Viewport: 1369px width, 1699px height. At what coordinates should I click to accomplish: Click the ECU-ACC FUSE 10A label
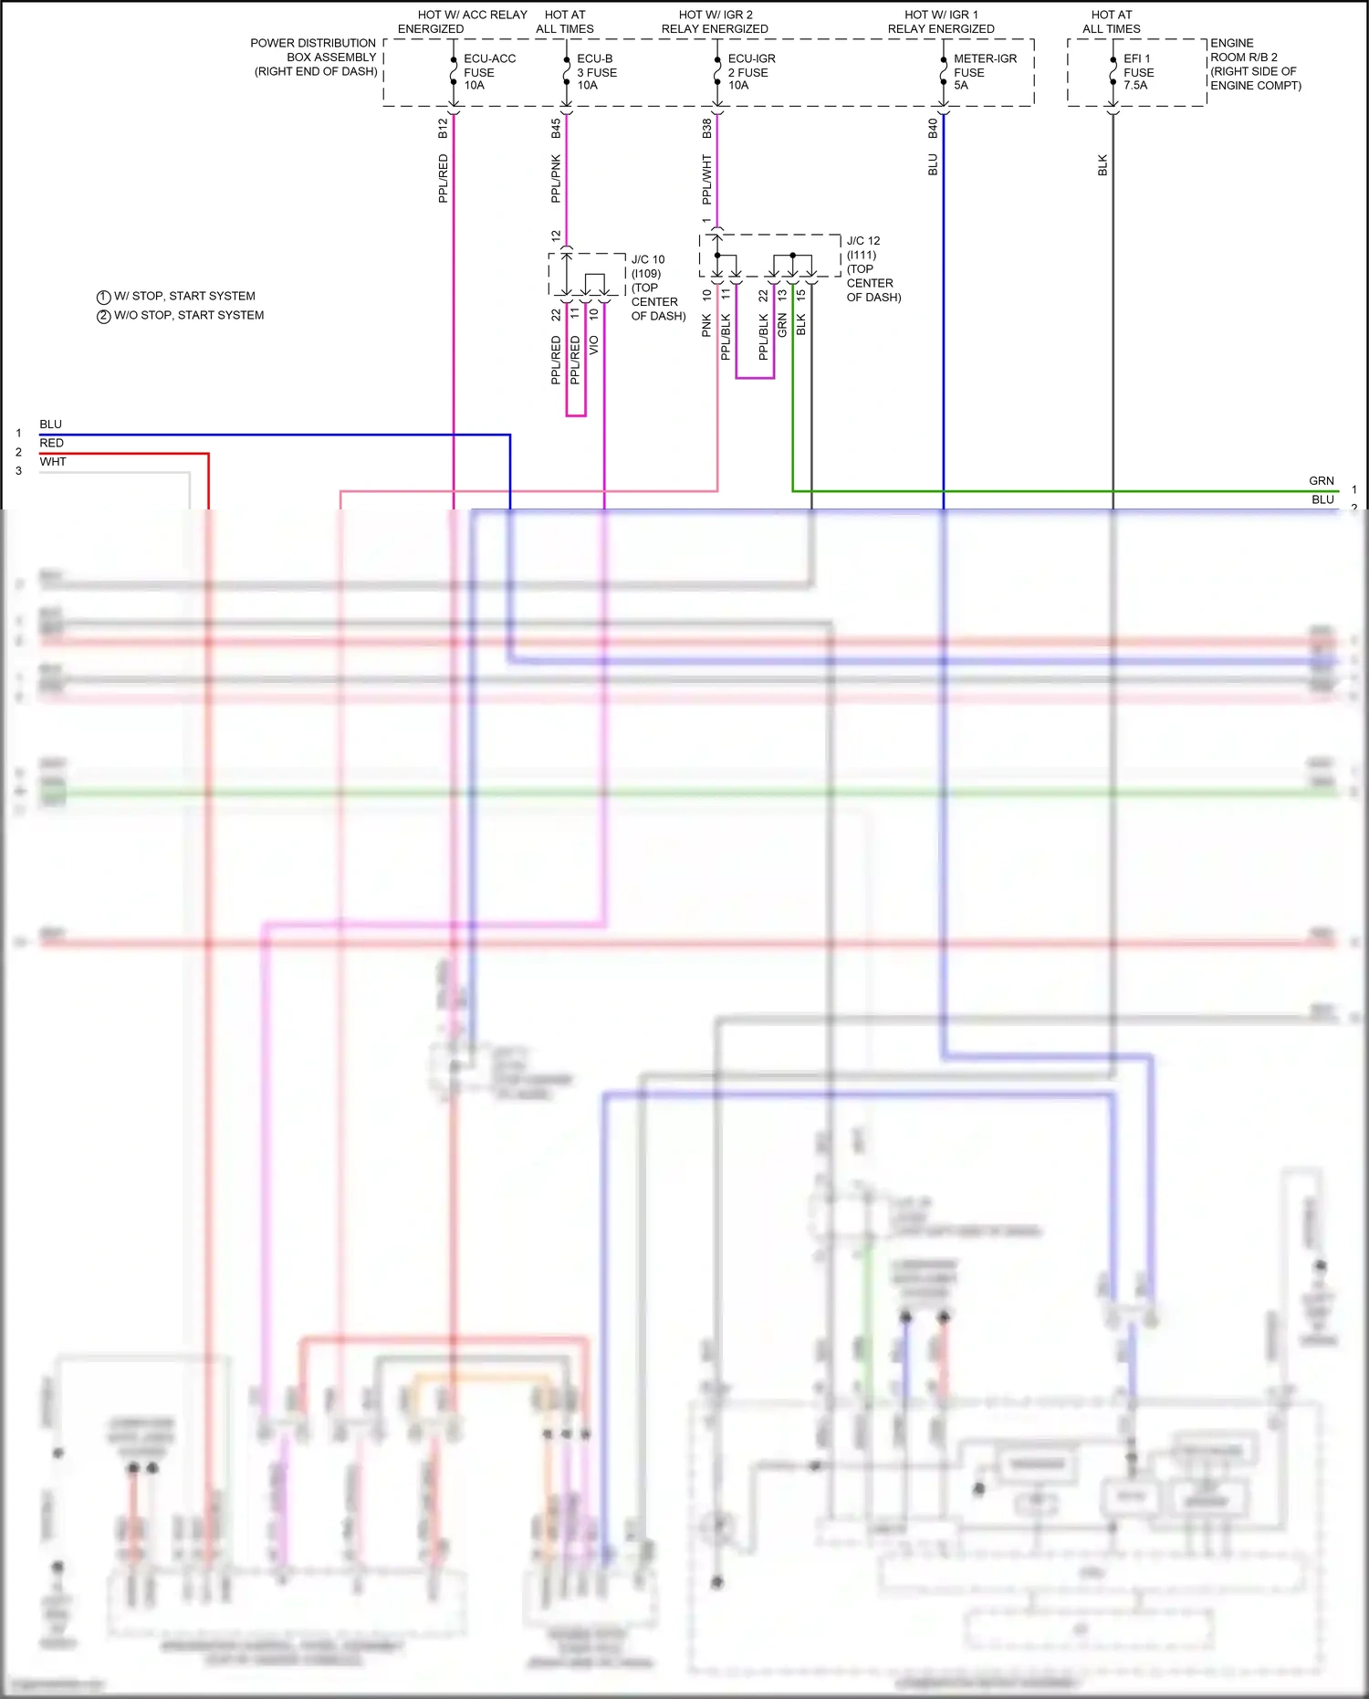[x=489, y=72]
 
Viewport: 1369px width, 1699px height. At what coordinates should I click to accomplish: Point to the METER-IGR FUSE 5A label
[x=984, y=72]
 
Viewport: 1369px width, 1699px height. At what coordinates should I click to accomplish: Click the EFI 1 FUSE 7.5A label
[x=1138, y=72]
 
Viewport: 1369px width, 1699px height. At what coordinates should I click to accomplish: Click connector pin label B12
[x=443, y=129]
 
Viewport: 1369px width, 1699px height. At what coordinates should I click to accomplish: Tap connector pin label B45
[x=556, y=129]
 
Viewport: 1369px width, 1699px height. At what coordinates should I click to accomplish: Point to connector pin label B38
[x=706, y=129]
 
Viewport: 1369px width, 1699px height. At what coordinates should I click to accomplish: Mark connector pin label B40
[x=933, y=129]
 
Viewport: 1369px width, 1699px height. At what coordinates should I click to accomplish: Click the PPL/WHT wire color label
[x=706, y=179]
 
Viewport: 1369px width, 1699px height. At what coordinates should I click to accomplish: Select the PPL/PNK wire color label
[x=556, y=179]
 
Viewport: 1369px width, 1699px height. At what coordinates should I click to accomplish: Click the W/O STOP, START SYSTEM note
[x=189, y=316]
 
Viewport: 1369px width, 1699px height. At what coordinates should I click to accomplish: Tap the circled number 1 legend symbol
[x=103, y=298]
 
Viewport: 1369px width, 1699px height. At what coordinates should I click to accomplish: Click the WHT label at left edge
[x=53, y=462]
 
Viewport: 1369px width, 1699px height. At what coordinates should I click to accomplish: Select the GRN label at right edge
[x=1321, y=481]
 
